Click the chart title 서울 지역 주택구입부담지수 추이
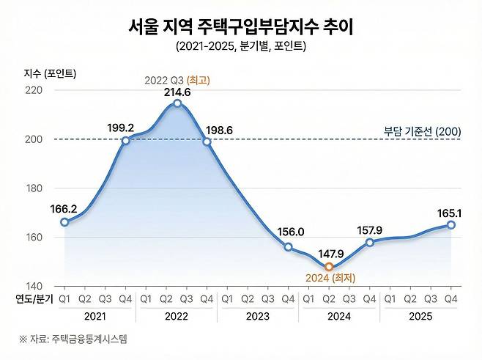[x=240, y=26]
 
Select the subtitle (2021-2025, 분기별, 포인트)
[x=240, y=48]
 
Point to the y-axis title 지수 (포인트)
[x=50, y=73]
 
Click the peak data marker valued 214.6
[x=177, y=103]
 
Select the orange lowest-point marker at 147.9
[x=329, y=266]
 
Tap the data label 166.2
[x=64, y=208]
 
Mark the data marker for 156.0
[x=288, y=247]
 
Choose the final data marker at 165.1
[x=451, y=224]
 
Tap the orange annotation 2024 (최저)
[x=330, y=278]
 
